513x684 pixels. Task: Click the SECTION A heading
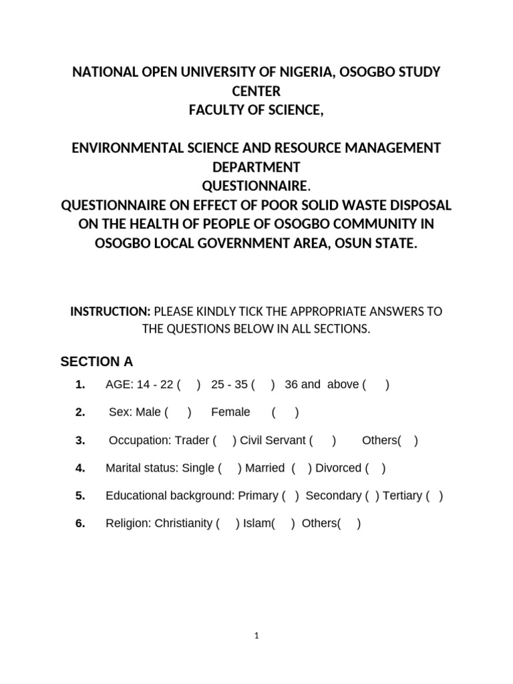click(97, 362)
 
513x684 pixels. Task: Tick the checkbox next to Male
click(178, 412)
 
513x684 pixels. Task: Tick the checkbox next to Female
click(285, 412)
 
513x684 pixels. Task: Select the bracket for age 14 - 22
click(189, 385)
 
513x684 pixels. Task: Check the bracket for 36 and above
click(377, 385)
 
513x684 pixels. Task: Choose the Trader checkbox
click(224, 440)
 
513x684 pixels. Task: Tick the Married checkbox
click(300, 468)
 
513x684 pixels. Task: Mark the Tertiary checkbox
click(434, 496)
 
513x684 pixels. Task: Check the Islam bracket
click(283, 524)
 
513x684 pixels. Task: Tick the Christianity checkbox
click(228, 524)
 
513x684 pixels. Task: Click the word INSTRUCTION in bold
click(111, 312)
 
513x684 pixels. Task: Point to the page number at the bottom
click(256, 637)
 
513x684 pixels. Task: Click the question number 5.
click(80, 496)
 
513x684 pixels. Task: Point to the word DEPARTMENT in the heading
click(256, 166)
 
